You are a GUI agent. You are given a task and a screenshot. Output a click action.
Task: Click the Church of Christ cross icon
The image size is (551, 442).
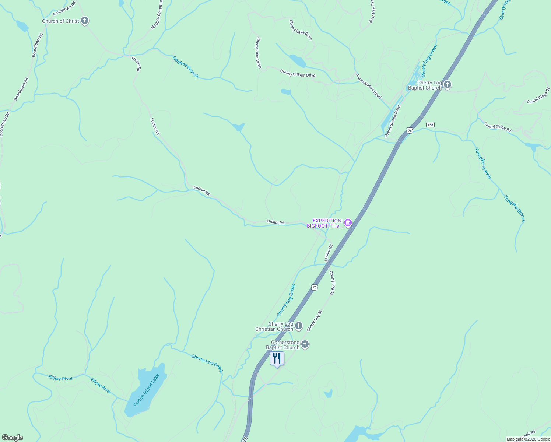point(85,21)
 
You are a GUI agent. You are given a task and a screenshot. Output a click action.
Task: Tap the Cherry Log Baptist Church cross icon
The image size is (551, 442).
point(448,85)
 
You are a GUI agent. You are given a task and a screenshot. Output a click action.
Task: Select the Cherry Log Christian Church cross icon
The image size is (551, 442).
point(299,326)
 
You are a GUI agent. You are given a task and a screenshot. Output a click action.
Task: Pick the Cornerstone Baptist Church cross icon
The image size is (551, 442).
point(305,344)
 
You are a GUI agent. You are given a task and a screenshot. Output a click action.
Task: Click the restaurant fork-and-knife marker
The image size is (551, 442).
point(277,358)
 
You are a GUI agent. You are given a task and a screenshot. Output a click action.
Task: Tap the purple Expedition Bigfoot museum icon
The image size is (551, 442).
point(348,222)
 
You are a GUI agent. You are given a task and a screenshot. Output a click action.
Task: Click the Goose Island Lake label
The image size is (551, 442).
point(146,390)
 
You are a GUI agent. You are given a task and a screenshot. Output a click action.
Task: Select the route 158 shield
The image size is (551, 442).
point(430,124)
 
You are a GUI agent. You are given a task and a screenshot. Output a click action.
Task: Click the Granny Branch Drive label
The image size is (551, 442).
point(298,73)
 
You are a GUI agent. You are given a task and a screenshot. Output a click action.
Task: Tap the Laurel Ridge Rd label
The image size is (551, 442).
point(498,127)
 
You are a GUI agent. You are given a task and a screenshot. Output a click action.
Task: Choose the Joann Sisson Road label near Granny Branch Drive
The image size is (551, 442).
point(369,86)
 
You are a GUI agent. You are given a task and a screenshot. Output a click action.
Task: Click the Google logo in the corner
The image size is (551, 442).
point(12,438)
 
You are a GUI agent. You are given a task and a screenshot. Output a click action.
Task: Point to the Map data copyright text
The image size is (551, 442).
point(528,439)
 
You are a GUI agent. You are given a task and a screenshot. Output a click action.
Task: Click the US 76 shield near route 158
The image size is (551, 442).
point(410,130)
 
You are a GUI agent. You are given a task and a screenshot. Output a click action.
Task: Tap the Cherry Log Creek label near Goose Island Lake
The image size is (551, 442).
point(207,363)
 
